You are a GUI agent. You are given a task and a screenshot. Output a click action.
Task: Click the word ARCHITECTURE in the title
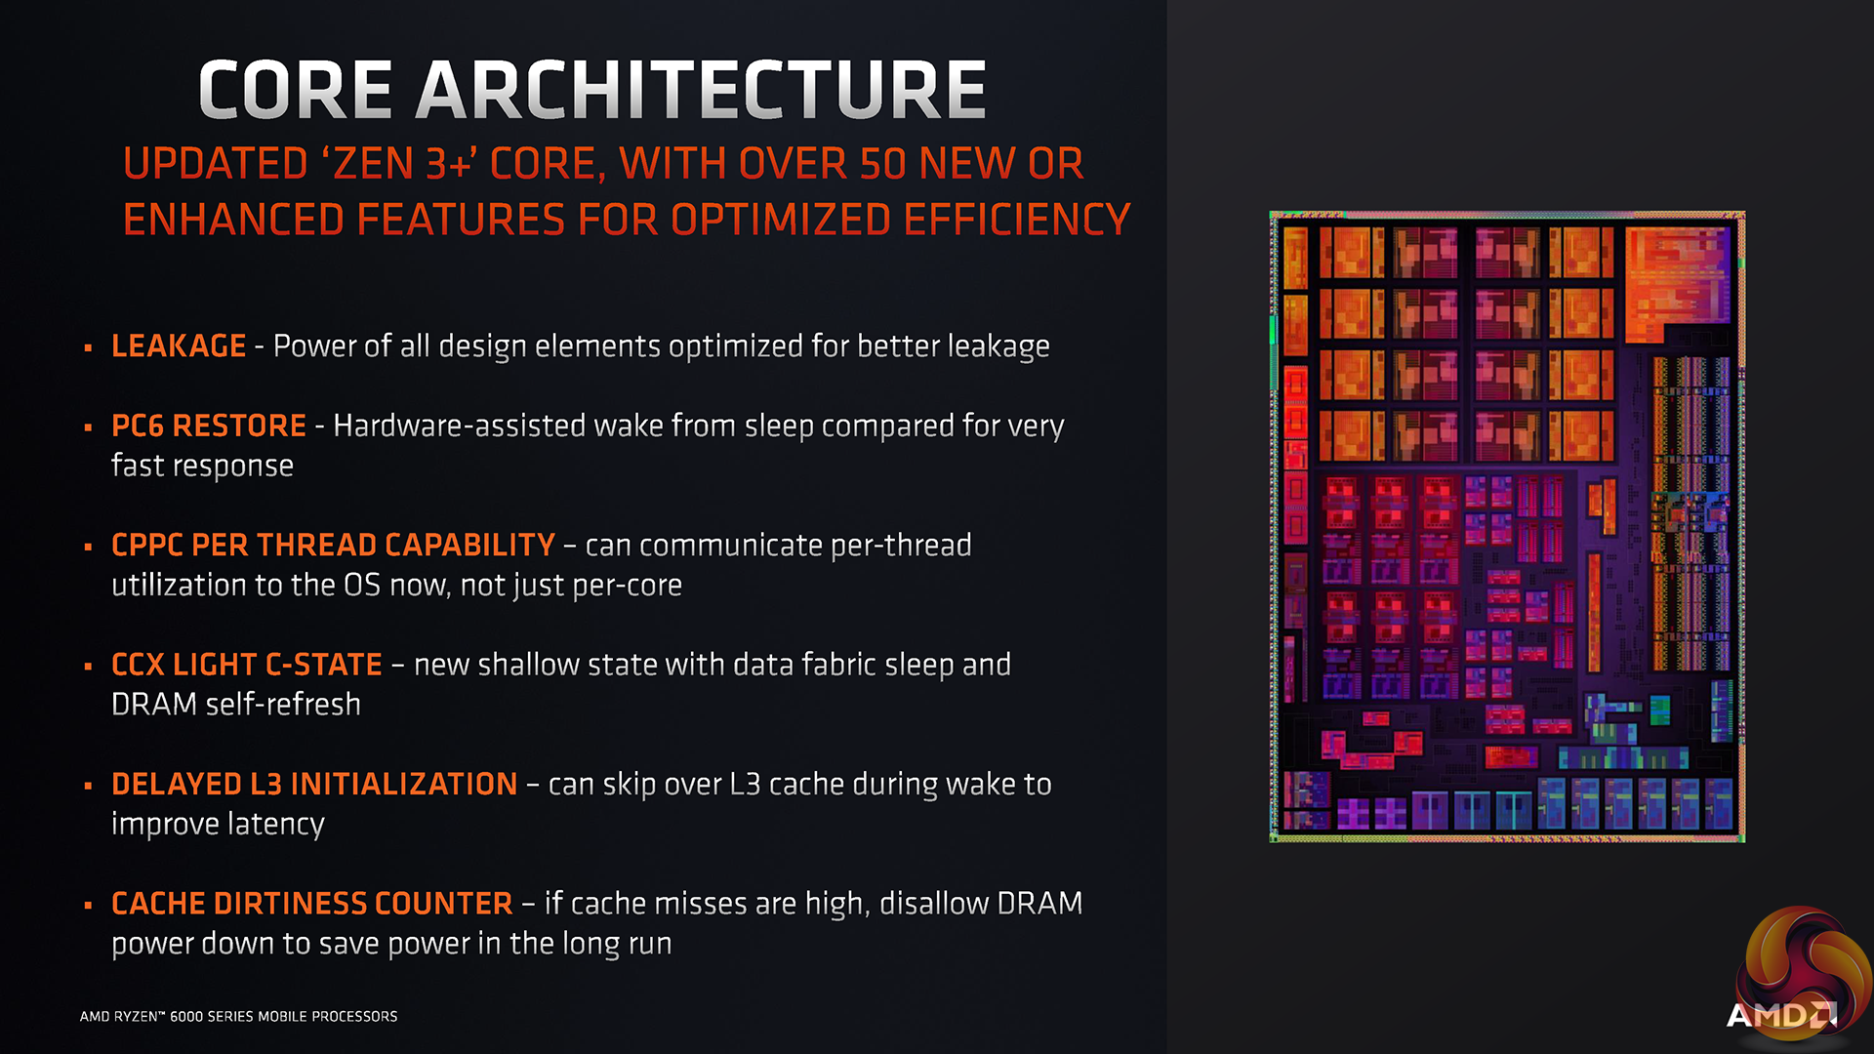click(x=701, y=90)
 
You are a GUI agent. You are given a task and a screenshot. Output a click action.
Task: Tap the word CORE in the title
click(x=295, y=90)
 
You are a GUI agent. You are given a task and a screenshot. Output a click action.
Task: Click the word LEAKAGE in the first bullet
click(x=179, y=346)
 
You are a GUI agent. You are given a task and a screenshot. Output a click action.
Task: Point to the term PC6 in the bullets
click(x=138, y=426)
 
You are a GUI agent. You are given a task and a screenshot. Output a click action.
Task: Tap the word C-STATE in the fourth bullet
click(x=323, y=666)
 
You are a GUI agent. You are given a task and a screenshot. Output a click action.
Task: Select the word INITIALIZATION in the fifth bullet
click(x=404, y=785)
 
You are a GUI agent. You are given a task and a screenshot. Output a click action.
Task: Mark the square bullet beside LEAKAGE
click(x=88, y=347)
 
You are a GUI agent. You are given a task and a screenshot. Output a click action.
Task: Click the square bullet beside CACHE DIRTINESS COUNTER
click(x=88, y=906)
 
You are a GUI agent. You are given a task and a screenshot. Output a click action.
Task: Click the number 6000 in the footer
click(x=185, y=1017)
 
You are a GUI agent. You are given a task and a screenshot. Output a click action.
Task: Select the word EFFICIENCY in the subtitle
click(x=1017, y=221)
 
